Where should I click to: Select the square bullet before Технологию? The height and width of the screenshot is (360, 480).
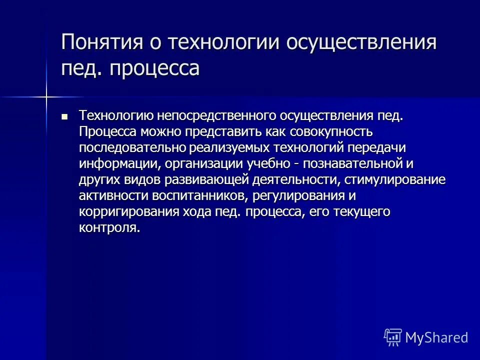click(64, 116)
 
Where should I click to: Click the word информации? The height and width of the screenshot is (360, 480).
click(115, 164)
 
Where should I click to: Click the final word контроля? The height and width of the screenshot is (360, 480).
click(108, 228)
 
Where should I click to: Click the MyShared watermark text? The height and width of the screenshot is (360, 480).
click(436, 337)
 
